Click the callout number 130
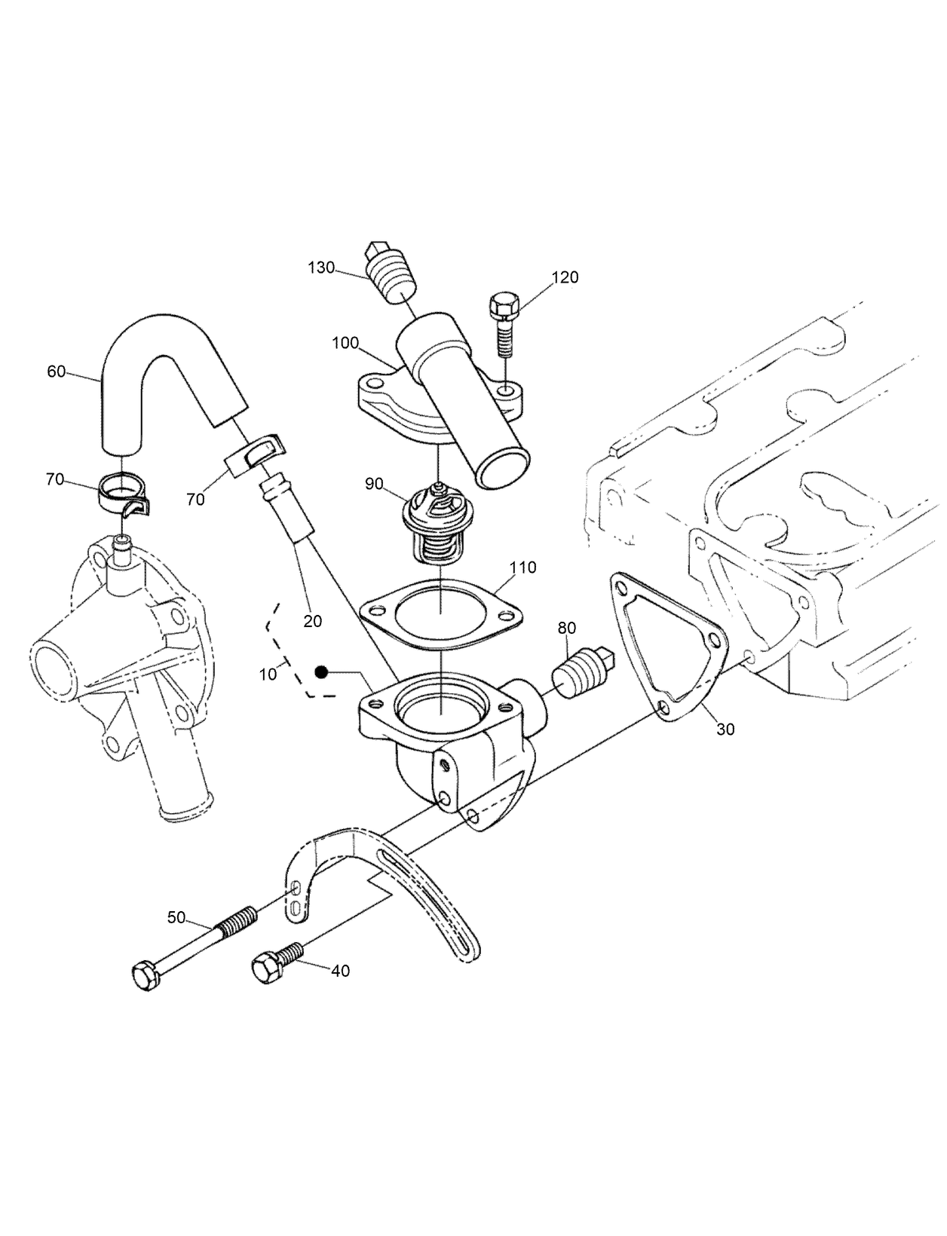click(321, 268)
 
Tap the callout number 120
click(565, 277)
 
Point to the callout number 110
click(523, 568)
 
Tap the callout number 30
click(725, 730)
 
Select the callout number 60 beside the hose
click(57, 372)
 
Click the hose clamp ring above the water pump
click(122, 492)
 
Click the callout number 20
click(312, 621)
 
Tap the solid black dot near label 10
click(322, 672)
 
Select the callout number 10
click(268, 675)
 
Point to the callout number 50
click(176, 917)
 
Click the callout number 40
click(341, 971)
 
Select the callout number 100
click(345, 344)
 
